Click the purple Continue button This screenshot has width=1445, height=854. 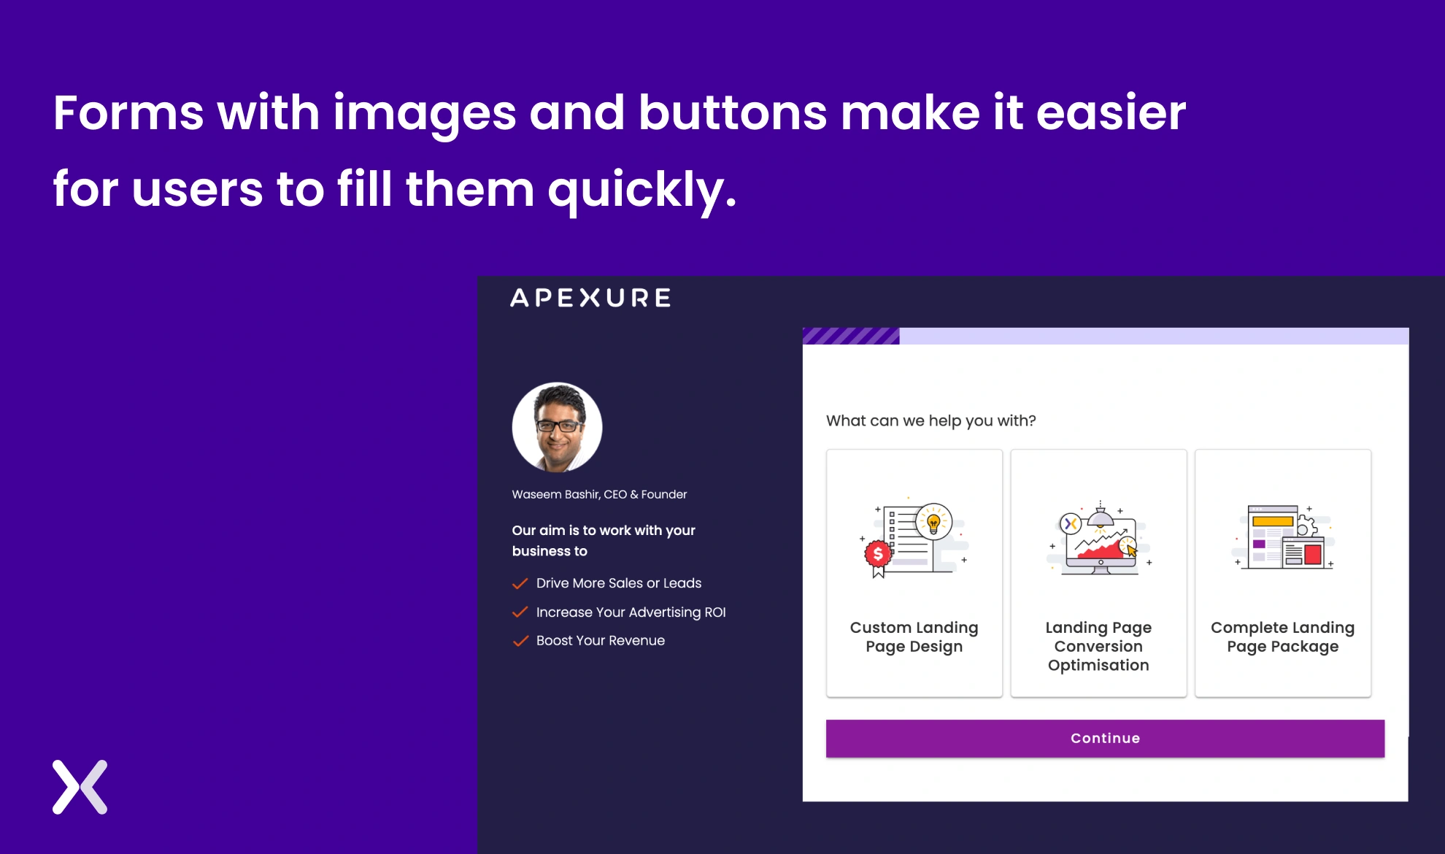tap(1105, 738)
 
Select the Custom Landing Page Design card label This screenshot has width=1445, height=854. tap(914, 636)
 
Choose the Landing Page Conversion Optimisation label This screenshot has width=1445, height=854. tap(1098, 646)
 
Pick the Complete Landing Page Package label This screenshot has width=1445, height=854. tap(1282, 636)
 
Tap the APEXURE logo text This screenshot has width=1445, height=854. tap(590, 298)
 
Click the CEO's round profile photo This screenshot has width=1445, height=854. tap(557, 428)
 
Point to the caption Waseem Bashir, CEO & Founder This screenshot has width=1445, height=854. tap(599, 494)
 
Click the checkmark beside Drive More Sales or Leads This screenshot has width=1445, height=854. tap(520, 583)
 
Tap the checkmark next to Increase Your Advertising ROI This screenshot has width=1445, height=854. tap(520, 612)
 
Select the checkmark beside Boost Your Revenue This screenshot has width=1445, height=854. tap(520, 641)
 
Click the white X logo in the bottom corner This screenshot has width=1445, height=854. tap(80, 787)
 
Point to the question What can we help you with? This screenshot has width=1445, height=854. tap(930, 420)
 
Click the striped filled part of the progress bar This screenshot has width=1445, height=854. tap(851, 336)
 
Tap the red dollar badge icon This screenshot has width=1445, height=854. tap(878, 555)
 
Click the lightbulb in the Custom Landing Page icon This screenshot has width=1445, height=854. tap(933, 521)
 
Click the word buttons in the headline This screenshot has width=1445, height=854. tap(733, 114)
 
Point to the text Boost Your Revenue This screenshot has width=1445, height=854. tap(600, 641)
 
